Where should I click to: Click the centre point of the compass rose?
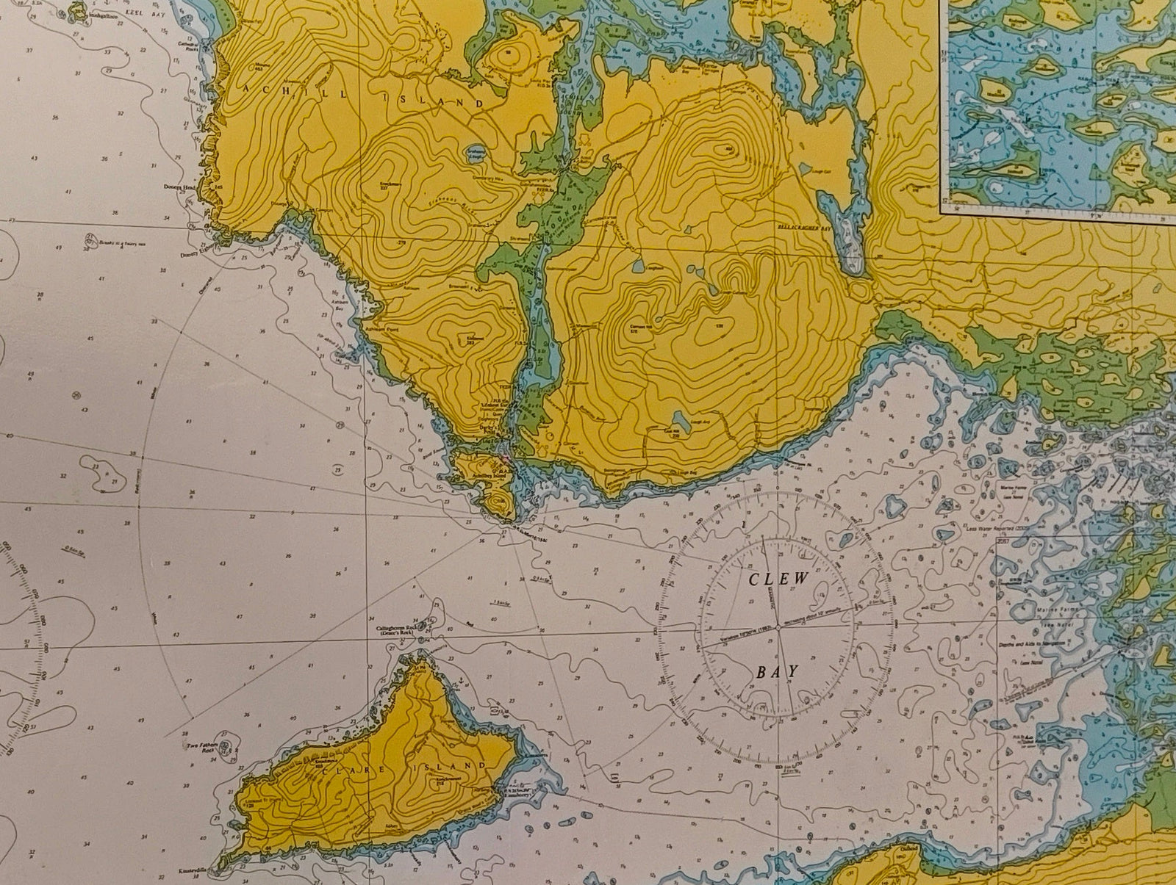(x=778, y=629)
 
